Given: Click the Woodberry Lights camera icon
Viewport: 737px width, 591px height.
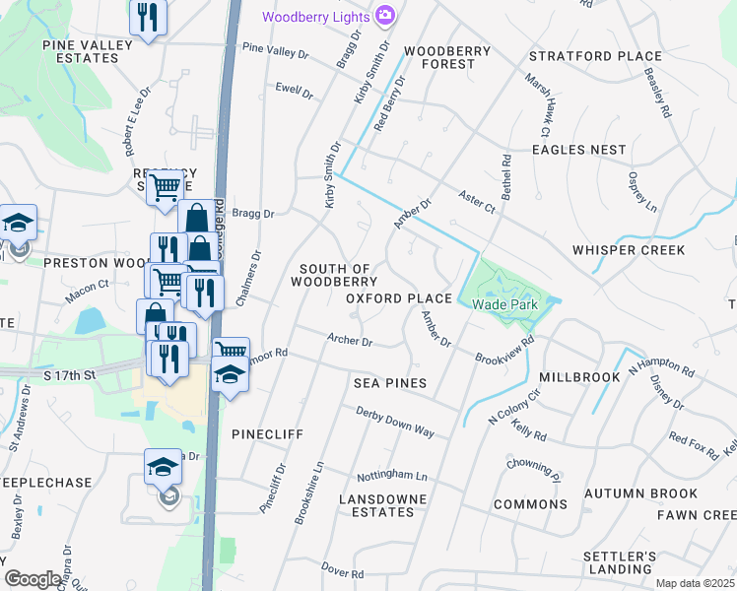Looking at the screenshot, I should click(x=384, y=16).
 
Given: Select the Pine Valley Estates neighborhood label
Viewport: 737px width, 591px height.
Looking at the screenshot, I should click(x=81, y=51).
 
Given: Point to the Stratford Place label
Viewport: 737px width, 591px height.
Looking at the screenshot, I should click(x=598, y=56).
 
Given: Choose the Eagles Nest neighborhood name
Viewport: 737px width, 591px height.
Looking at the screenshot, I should click(x=578, y=150).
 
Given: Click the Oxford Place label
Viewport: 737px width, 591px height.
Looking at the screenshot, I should click(x=398, y=298).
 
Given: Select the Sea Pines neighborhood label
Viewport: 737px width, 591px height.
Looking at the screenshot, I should click(x=391, y=382).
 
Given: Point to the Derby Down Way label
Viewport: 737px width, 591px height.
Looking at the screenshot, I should click(x=395, y=423).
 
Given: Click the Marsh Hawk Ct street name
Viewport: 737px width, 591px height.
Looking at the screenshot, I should click(x=536, y=103).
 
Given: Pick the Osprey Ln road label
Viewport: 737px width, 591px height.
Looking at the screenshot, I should click(x=641, y=191).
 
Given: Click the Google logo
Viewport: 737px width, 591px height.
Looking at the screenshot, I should click(x=33, y=579).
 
